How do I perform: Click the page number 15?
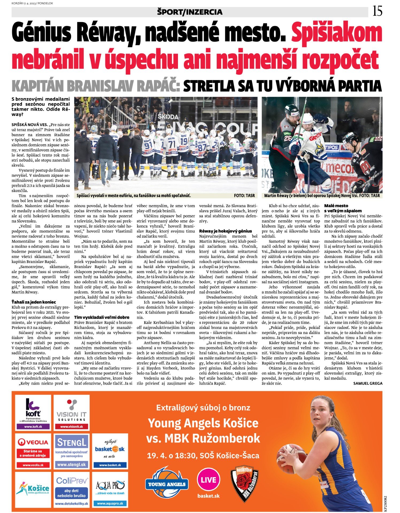coord(377,11)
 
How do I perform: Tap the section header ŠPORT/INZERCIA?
coord(190,12)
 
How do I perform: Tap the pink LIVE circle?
coord(208,480)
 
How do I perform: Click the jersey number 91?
coord(148,145)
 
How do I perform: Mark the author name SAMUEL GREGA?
coord(368,383)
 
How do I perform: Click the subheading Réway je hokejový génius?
coord(226,231)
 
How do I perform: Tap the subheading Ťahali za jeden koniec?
coord(34,302)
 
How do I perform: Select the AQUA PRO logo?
coord(110,489)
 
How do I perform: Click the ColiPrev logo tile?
coord(71,489)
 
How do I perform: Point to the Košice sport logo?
coord(33,489)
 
